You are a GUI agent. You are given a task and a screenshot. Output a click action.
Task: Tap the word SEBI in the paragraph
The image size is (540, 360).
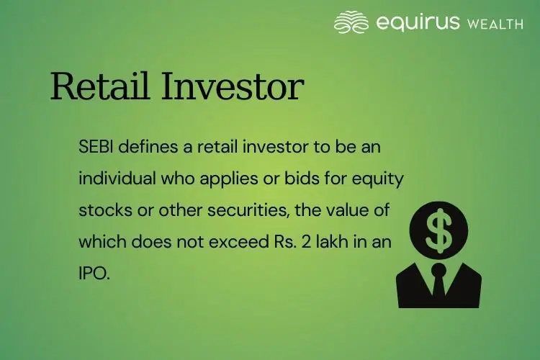click(x=96, y=147)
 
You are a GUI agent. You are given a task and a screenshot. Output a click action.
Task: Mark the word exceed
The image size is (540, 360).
click(x=239, y=242)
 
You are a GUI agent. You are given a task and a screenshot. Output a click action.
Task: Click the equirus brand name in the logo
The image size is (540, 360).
click(x=418, y=24)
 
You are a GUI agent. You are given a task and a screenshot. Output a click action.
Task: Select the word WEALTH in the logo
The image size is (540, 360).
click(x=495, y=24)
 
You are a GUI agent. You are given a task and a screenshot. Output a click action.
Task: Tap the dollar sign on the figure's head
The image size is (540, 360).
click(x=438, y=230)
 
